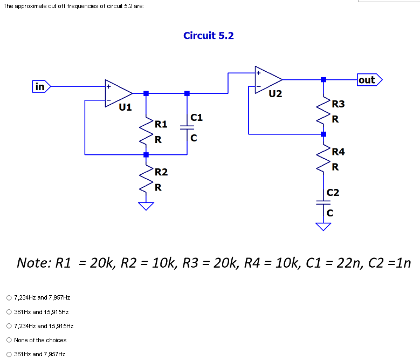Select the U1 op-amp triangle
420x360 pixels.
tap(118, 93)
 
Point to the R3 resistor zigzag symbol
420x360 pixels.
tap(324, 110)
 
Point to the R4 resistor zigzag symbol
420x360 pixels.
tap(324, 158)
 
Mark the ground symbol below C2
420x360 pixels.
tap(323, 226)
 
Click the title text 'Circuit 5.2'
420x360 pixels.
tap(209, 36)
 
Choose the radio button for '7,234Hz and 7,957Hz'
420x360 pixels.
tap(9, 297)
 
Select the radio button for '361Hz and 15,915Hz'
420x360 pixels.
tap(9, 311)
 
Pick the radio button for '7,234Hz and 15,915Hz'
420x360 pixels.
tap(9, 326)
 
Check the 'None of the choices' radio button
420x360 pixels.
tap(9, 340)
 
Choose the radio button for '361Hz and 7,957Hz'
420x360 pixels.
tap(9, 354)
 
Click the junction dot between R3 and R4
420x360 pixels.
tap(323, 133)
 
